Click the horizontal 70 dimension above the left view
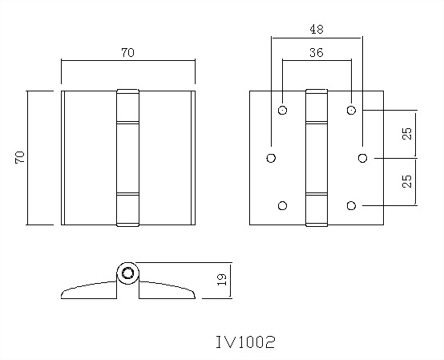coord(127,53)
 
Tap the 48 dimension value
coord(317,30)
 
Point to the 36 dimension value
coord(317,53)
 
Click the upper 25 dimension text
coord(408,133)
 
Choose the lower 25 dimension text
coord(408,181)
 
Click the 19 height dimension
coord(222,280)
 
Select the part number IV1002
coord(245,342)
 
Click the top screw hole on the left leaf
coord(282,109)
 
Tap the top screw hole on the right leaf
coord(352,109)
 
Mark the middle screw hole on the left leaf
coord(271,158)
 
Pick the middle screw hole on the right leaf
coord(363,158)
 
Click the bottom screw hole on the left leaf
coord(282,206)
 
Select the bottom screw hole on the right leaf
coord(352,206)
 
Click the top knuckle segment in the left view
coord(127,105)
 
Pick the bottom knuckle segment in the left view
coord(127,209)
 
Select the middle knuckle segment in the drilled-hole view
coord(317,158)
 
